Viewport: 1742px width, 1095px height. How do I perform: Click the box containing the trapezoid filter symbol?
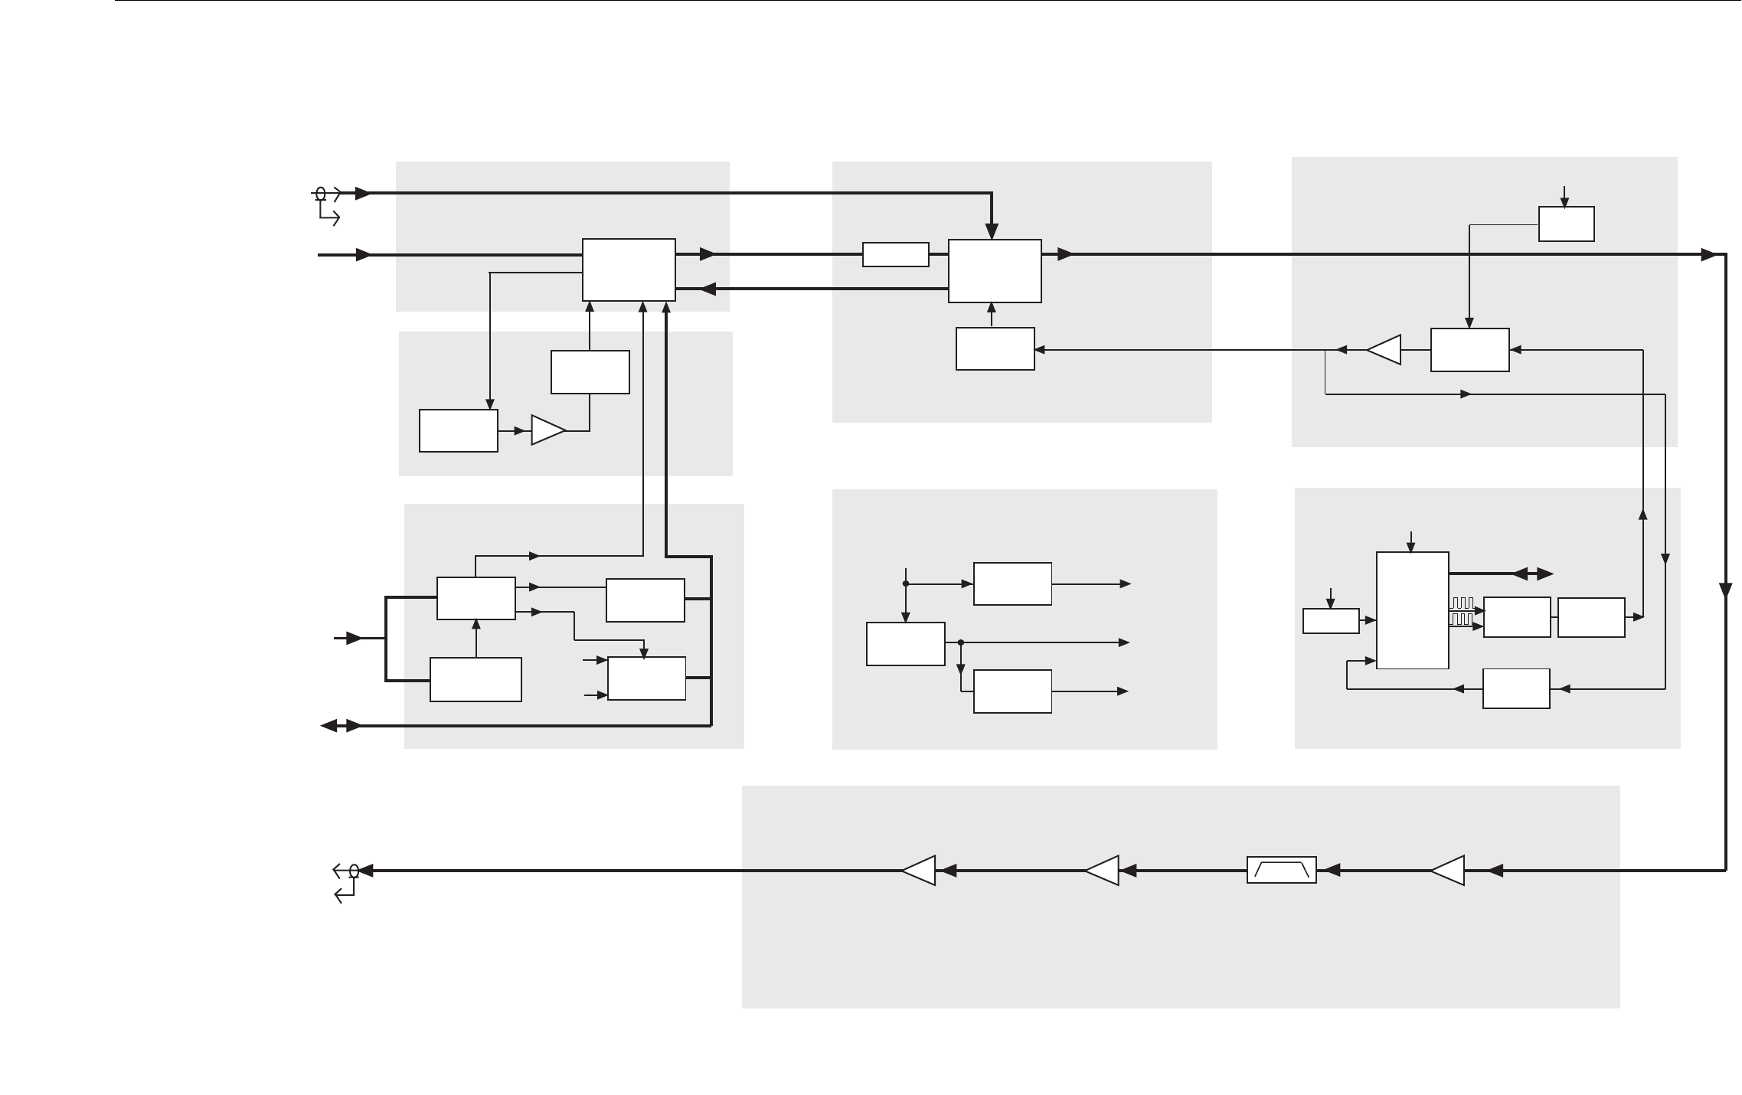1281,870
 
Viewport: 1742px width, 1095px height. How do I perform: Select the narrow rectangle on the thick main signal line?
895,254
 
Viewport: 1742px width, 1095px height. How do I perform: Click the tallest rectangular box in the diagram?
1412,610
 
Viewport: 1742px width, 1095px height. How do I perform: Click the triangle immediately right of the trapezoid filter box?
1447,870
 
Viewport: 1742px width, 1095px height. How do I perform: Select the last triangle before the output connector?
919,870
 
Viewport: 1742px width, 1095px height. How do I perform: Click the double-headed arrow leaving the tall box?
1533,574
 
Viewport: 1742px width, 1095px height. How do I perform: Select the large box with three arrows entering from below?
629,270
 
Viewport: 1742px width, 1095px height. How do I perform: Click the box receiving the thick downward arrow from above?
994,270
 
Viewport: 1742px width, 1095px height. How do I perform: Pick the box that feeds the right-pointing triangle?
458,430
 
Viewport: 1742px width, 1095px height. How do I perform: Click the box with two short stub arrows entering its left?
646,678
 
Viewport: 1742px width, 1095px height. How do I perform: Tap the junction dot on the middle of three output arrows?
960,642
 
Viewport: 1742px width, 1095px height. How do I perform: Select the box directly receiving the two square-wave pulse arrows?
1516,617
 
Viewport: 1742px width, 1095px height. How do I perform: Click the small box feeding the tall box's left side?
1331,621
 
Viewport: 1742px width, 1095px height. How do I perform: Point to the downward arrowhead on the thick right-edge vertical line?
1725,590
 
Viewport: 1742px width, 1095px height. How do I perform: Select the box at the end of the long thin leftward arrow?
995,349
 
